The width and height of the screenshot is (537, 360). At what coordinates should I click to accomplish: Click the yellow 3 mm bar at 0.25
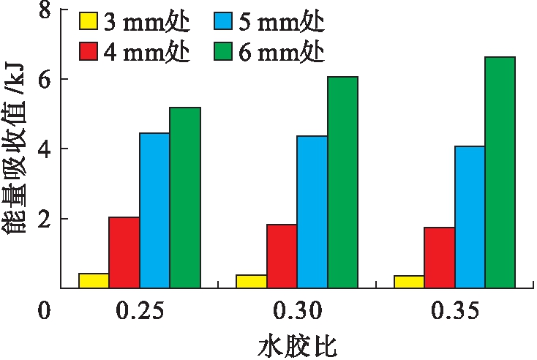point(94,280)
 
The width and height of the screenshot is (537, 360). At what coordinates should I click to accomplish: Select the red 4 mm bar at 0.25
point(124,252)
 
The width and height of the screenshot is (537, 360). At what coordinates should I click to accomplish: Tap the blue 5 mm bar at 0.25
point(154,211)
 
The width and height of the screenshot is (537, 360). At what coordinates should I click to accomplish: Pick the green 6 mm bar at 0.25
point(185,198)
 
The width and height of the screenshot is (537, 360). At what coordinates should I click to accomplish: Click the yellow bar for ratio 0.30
point(252,281)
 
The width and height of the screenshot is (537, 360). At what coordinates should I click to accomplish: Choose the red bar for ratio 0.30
point(282,256)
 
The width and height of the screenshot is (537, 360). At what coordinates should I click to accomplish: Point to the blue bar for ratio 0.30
point(312,212)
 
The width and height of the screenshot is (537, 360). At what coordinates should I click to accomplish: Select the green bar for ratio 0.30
point(343,182)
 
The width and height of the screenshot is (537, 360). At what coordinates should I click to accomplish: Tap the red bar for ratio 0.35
point(440,258)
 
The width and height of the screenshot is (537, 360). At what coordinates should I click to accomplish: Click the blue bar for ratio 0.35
point(470,217)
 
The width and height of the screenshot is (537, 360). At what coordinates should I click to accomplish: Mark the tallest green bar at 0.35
point(500,172)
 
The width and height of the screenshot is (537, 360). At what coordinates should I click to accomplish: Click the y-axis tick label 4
point(44,149)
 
